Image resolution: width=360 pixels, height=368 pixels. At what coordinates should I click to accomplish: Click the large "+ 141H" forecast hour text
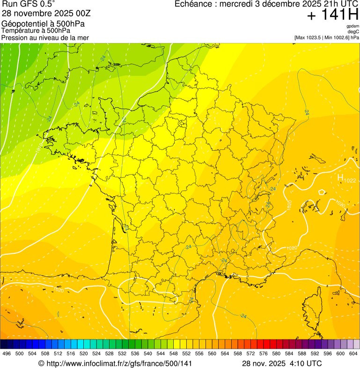click(333, 15)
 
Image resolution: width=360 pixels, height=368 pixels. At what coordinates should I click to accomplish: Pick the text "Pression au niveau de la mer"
click(45, 37)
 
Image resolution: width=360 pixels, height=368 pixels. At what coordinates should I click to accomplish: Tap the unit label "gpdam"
click(353, 26)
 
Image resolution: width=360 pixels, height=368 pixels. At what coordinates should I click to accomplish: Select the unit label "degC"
click(353, 31)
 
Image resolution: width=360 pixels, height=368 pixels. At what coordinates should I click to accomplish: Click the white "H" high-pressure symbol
click(340, 177)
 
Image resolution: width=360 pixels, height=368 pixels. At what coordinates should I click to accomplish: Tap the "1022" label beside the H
click(350, 181)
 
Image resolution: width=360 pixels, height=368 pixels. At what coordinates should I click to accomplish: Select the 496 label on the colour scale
click(7, 353)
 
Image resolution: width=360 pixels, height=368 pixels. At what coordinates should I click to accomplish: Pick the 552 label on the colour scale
click(186, 353)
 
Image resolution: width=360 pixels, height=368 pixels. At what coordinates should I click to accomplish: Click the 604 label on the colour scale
click(353, 353)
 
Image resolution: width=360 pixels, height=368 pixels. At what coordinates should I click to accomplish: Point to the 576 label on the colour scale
click(264, 353)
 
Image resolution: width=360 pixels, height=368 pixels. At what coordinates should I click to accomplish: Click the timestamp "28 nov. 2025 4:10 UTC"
click(282, 363)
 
